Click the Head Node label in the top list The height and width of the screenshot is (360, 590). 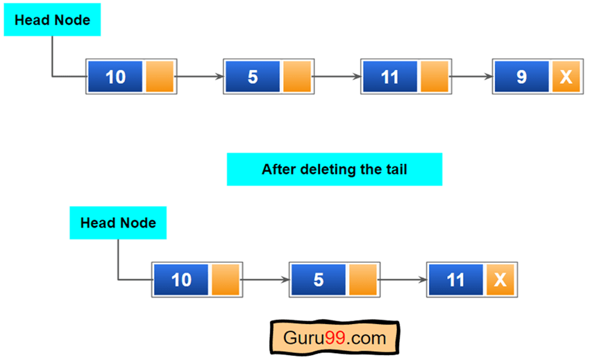click(52, 20)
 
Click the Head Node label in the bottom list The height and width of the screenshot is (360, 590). click(118, 223)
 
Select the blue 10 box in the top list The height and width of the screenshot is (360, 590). click(116, 76)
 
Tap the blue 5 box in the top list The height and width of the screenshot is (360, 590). click(253, 76)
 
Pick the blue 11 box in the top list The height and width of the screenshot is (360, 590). click(389, 76)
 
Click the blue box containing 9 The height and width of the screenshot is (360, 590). click(521, 76)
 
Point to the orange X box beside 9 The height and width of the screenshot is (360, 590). click(566, 76)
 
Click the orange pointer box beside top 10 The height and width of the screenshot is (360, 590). click(159, 76)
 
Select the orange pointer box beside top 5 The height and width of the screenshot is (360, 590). click(296, 76)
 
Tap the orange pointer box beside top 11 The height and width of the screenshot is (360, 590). click(434, 76)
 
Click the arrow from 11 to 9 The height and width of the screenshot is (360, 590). click(471, 76)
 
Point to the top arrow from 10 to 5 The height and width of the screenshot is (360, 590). click(200, 76)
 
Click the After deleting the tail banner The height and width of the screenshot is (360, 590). click(334, 169)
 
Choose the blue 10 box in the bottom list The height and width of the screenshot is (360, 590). click(181, 280)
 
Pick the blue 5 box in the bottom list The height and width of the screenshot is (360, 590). click(319, 280)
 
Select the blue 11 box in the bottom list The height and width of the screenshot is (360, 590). click(455, 280)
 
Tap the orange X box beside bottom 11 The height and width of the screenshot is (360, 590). click(500, 280)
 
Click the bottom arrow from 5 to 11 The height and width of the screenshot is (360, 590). click(403, 280)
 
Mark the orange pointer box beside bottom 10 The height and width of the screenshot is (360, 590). click(225, 280)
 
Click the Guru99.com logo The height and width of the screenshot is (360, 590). click(334, 338)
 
